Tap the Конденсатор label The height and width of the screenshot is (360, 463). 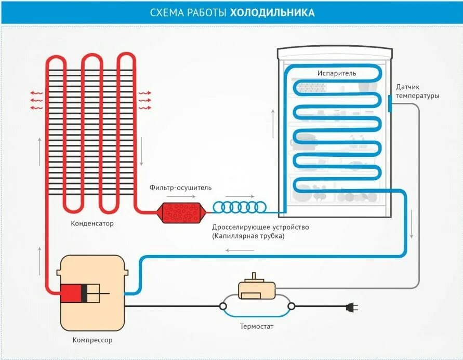pyautogui.click(x=92, y=224)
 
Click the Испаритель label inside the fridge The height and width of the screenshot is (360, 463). pyautogui.click(x=337, y=73)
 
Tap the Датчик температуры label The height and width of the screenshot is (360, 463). pyautogui.click(x=417, y=91)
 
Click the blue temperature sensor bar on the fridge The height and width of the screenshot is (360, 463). pyautogui.click(x=390, y=103)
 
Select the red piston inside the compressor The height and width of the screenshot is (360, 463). pyautogui.click(x=72, y=294)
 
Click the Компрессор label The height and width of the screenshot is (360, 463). pyautogui.click(x=92, y=341)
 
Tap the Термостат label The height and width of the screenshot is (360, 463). pyautogui.click(x=256, y=327)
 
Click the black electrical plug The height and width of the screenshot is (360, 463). pyautogui.click(x=352, y=307)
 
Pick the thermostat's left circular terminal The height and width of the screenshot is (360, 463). pyautogui.click(x=223, y=306)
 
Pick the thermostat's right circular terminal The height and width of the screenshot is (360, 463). pyautogui.click(x=290, y=306)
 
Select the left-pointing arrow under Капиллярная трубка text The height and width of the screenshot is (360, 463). pyautogui.click(x=240, y=250)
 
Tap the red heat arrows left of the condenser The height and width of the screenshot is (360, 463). pyautogui.click(x=36, y=100)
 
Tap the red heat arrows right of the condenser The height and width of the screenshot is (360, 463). pyautogui.click(x=144, y=100)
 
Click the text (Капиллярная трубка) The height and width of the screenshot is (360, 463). pyautogui.click(x=248, y=236)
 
